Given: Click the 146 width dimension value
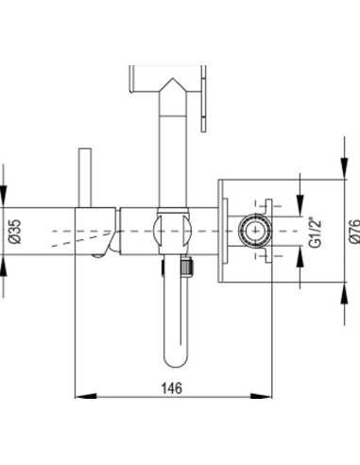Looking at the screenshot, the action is [172, 388].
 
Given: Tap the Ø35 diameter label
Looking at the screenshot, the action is [15, 232].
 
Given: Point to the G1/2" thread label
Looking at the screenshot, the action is [315, 232].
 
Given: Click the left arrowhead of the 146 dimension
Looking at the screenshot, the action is [86, 396].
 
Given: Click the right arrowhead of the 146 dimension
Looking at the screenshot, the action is [261, 396].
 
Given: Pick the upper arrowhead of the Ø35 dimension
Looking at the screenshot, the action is [3, 197].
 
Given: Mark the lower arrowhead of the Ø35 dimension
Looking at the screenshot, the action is [3, 266].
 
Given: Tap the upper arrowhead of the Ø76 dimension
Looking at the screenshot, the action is [345, 168].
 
